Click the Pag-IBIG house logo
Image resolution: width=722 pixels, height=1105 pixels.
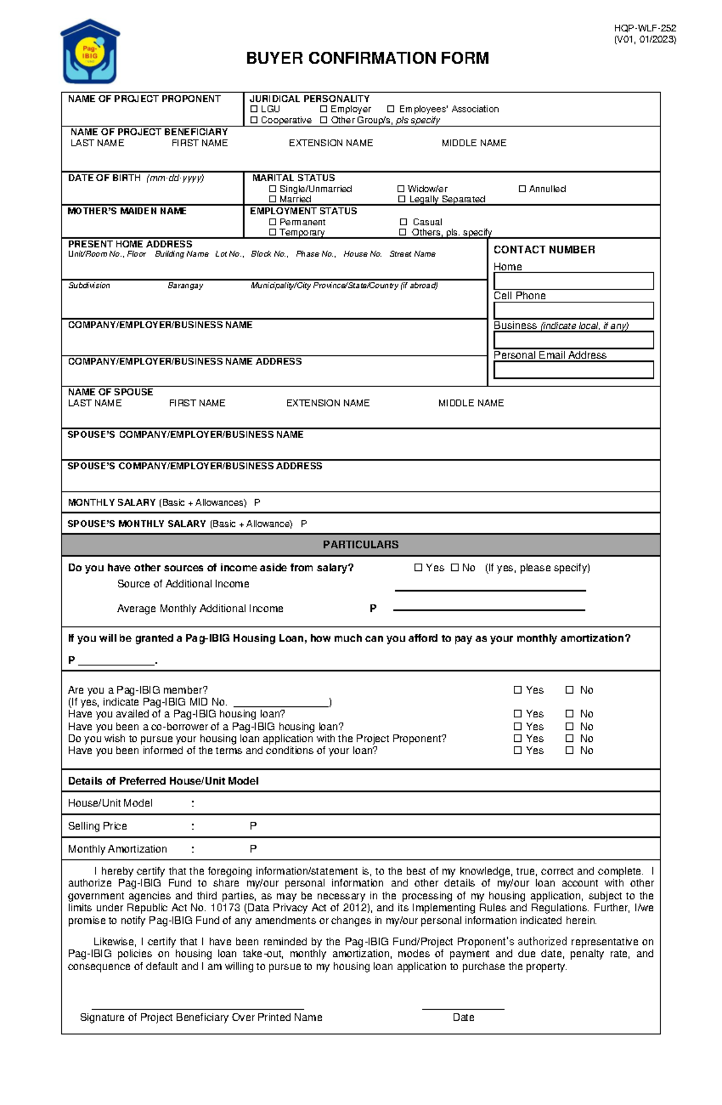click(90, 52)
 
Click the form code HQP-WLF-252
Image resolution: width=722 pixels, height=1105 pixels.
click(645, 28)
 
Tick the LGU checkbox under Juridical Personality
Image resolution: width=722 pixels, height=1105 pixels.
click(254, 109)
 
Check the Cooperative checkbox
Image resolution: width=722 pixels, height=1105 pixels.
click(254, 120)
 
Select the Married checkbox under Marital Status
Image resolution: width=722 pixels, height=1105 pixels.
click(273, 199)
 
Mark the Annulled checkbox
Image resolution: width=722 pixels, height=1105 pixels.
click(522, 189)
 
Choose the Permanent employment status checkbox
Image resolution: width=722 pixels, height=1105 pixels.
click(273, 222)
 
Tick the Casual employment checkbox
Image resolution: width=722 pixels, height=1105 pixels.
click(403, 222)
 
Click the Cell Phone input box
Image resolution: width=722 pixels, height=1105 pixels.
click(573, 310)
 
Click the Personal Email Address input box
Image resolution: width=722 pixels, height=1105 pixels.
click(573, 370)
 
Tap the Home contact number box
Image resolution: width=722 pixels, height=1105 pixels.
click(573, 281)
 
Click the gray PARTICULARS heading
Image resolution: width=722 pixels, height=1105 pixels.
click(360, 544)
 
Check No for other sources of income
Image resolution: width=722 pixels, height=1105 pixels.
click(455, 567)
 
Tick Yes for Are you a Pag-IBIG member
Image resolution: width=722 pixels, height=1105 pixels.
click(517, 690)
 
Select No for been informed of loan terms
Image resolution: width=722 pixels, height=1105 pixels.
click(569, 750)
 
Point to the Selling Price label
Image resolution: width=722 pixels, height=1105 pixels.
click(97, 826)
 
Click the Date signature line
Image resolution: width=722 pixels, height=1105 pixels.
click(463, 1007)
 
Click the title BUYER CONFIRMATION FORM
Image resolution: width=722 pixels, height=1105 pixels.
click(367, 58)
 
